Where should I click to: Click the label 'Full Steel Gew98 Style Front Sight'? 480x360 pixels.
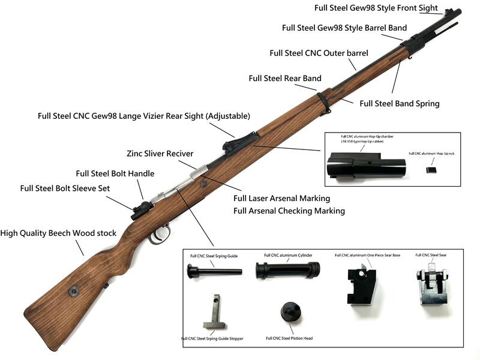377,8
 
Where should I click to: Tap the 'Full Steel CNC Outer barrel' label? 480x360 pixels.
319,53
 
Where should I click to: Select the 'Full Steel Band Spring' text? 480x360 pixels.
399,103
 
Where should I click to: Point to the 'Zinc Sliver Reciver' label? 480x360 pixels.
160,154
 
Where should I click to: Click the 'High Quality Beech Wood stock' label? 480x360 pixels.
58,233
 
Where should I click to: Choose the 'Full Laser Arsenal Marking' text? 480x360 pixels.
281,198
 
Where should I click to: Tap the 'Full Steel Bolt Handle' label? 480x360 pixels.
115,173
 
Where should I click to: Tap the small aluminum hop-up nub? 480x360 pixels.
430,170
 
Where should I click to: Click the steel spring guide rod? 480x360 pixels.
214,272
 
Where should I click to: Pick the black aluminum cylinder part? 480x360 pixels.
284,271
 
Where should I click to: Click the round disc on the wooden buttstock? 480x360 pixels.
74,292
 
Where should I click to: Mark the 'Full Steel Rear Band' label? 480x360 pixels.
284,78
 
